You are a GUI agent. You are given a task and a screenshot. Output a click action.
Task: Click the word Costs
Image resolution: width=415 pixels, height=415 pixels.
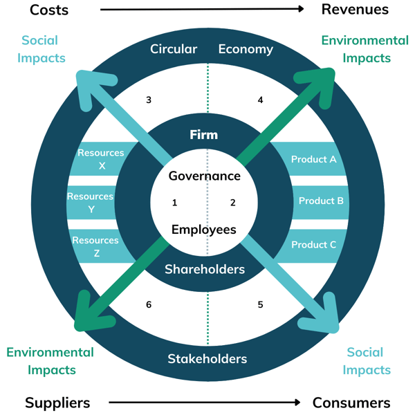[x=53, y=10]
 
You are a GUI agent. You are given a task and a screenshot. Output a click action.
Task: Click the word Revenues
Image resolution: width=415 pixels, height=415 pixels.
[x=355, y=10]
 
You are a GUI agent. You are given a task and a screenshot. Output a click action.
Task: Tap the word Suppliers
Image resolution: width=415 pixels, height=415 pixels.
[x=57, y=403]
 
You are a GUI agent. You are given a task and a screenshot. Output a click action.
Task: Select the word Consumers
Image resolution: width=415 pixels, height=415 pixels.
[x=351, y=403]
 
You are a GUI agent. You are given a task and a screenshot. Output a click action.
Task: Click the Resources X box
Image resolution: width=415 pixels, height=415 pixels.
[x=100, y=159]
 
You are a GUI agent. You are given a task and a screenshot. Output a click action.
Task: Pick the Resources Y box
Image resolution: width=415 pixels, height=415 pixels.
[x=91, y=203]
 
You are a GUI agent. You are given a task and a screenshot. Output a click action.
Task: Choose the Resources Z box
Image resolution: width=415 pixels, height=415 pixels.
[x=96, y=246]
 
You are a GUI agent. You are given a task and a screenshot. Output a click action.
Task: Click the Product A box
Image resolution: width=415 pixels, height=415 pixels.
[x=313, y=160]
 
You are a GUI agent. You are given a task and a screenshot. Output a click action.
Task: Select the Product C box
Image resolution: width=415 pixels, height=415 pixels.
[x=313, y=245]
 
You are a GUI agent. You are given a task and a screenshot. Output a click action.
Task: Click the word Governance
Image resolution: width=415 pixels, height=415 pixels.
[x=205, y=176]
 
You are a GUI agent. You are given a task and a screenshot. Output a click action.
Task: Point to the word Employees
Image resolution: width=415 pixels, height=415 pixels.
[x=204, y=230]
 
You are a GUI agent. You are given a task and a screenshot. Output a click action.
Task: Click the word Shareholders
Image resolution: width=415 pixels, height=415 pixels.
[x=205, y=269]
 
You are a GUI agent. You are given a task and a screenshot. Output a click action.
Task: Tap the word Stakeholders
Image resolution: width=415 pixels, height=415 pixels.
[x=207, y=359]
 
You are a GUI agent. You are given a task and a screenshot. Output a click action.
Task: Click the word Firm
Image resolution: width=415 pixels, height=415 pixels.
[x=204, y=135]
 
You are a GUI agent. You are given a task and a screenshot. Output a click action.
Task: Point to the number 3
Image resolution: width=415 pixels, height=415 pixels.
[x=149, y=100]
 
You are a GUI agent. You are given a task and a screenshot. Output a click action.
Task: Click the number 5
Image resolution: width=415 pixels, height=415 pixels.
[x=261, y=305]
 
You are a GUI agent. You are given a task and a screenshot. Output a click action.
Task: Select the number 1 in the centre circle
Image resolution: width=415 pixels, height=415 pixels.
[x=175, y=203]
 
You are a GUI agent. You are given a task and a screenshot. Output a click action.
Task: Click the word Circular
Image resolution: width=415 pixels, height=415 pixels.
[x=174, y=49]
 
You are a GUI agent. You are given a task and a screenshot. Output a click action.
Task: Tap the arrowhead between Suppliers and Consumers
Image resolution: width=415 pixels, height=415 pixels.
[x=297, y=403]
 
